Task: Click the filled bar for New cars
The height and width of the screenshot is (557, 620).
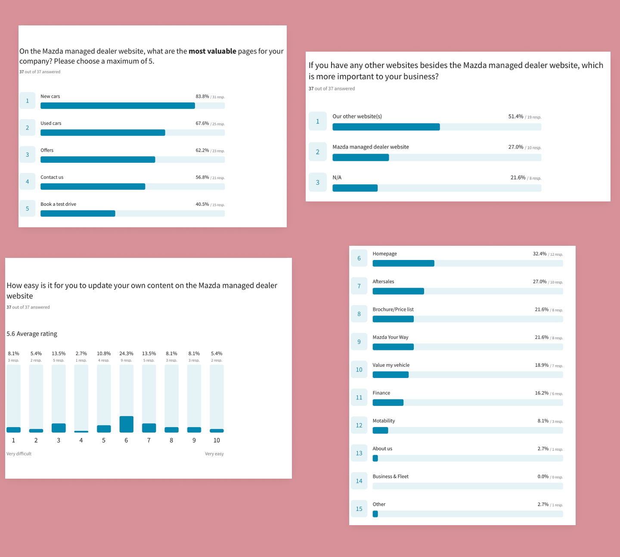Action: click(118, 106)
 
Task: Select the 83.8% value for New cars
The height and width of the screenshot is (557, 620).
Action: click(202, 96)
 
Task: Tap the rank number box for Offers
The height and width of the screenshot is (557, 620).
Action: click(28, 155)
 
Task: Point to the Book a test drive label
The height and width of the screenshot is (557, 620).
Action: click(58, 204)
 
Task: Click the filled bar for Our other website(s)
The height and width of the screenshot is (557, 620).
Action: click(386, 127)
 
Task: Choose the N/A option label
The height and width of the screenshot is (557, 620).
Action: click(337, 177)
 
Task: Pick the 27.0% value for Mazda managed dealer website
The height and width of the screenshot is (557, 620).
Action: click(515, 147)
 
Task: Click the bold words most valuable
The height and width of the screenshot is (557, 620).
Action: click(212, 51)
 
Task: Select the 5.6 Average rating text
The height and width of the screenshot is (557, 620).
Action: click(32, 334)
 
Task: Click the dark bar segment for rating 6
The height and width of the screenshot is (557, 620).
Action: click(126, 424)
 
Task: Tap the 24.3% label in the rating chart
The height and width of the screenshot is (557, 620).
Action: click(126, 353)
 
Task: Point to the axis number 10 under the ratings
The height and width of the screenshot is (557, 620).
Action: click(217, 440)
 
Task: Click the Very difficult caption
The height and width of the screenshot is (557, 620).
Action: click(19, 454)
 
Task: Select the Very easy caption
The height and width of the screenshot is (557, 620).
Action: click(214, 454)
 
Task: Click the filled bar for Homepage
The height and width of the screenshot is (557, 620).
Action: click(403, 263)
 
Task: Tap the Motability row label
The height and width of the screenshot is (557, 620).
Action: click(384, 421)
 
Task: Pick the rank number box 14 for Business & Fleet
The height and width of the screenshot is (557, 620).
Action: click(359, 481)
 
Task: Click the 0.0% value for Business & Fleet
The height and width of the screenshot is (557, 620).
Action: click(543, 477)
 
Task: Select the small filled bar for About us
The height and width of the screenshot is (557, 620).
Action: click(375, 458)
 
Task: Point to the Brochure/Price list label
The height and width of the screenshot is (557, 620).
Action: click(393, 309)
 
